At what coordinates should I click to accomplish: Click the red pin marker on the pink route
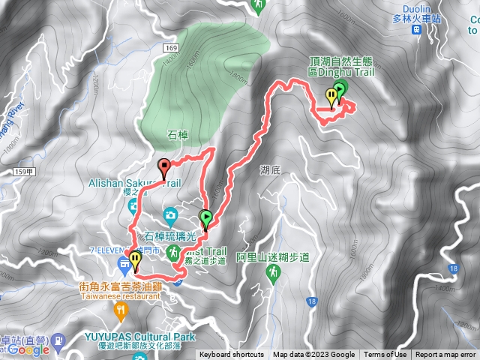click(x=165, y=166)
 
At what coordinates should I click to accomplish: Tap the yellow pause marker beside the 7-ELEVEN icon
click(x=135, y=259)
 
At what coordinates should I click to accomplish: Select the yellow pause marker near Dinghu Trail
click(x=331, y=95)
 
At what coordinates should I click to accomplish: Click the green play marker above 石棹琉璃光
click(x=206, y=218)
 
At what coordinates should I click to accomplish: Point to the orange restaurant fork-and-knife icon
click(x=119, y=308)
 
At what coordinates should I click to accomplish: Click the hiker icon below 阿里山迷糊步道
click(x=272, y=270)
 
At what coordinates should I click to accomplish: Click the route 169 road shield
click(x=171, y=48)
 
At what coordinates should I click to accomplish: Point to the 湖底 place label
click(x=271, y=170)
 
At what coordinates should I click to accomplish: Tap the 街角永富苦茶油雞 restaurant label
click(x=120, y=286)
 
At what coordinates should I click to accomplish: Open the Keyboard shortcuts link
click(x=232, y=355)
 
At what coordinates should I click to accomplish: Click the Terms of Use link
click(x=385, y=355)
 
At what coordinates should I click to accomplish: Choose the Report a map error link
click(x=446, y=355)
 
